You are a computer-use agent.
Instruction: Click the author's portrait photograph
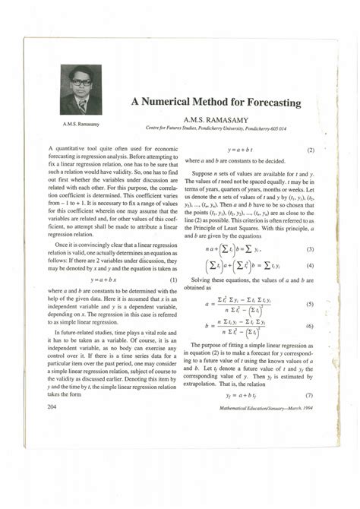pyautogui.click(x=81, y=90)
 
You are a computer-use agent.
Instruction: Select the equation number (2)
pyautogui.click(x=311, y=150)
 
